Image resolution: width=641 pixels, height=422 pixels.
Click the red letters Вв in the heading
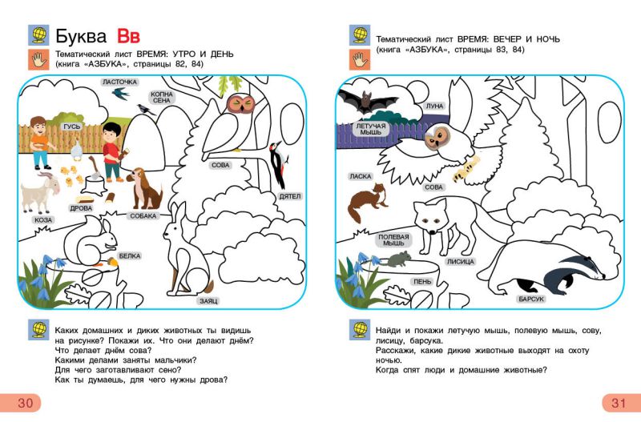(x=128, y=36)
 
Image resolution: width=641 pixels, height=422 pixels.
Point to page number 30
(x=25, y=403)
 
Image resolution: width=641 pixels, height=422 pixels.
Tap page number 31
(x=618, y=403)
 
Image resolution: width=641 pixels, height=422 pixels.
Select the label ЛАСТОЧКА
(x=119, y=82)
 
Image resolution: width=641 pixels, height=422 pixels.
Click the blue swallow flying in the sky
(x=121, y=94)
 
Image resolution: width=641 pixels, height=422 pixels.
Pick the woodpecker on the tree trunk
(x=277, y=163)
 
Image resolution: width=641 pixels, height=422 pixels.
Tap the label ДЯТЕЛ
(x=289, y=196)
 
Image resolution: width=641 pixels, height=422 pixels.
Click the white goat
(x=40, y=192)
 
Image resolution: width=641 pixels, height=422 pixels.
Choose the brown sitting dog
(x=144, y=189)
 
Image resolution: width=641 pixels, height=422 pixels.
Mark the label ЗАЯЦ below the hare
(x=208, y=301)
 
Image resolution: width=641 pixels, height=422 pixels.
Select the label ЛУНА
(x=434, y=107)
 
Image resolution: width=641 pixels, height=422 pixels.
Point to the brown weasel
(x=367, y=202)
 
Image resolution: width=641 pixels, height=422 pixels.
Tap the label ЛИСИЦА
(x=460, y=262)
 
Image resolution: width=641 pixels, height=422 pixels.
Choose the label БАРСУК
(x=531, y=299)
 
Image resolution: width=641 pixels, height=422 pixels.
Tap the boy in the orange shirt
(x=39, y=143)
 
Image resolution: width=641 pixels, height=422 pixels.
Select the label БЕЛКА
(x=130, y=256)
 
